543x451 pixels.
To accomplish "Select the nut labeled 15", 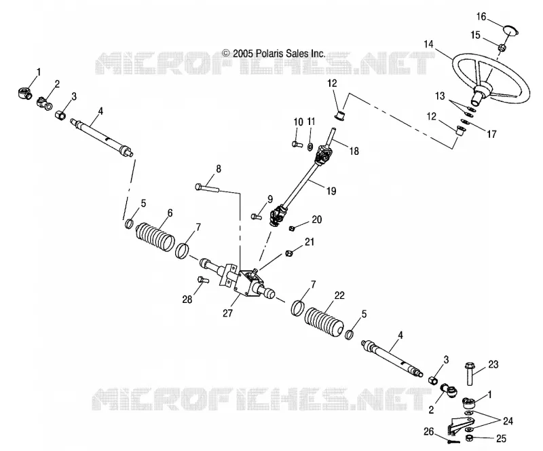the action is [x=501, y=48].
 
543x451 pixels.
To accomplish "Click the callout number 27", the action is [x=227, y=313].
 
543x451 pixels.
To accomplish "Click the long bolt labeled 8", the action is [x=207, y=187].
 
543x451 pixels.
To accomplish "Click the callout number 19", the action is [x=331, y=191].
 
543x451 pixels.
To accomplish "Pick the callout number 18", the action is [x=354, y=151].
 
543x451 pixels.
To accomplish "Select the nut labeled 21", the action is [x=288, y=253].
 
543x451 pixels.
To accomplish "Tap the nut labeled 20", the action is [x=292, y=228].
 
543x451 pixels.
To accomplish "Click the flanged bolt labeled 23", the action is [x=470, y=374].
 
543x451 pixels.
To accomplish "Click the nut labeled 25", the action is [x=469, y=438].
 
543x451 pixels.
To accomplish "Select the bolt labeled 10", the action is [x=297, y=143].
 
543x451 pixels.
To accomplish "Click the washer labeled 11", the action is [x=310, y=147].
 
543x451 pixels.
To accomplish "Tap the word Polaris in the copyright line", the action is [x=268, y=54].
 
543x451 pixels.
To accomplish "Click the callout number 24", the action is [x=508, y=421].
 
